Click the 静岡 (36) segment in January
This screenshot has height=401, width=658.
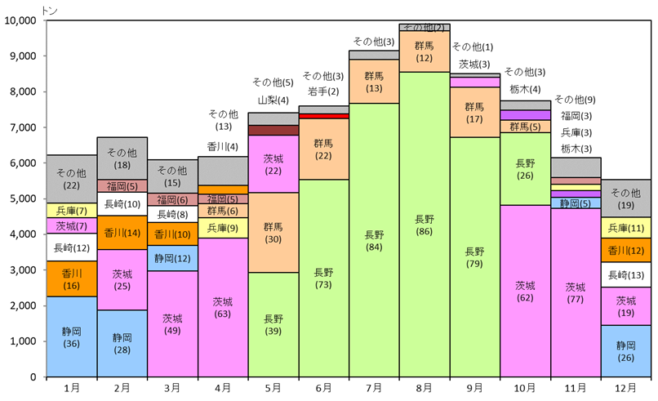click(x=72, y=336)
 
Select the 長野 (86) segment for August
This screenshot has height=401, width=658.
click(x=425, y=225)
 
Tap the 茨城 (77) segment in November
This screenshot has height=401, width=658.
click(x=576, y=292)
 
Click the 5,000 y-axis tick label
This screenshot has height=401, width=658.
click(x=27, y=198)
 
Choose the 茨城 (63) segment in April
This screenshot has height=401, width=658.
click(x=223, y=307)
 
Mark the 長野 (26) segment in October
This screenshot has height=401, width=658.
click(x=525, y=169)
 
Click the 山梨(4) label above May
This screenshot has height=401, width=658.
click(x=273, y=100)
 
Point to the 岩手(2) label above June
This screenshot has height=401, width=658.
click(x=323, y=91)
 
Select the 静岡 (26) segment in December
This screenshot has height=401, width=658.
click(x=626, y=351)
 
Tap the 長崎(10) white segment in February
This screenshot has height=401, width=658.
click(x=122, y=203)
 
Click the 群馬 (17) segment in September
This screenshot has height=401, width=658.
click(x=475, y=113)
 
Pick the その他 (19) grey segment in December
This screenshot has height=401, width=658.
click(x=626, y=198)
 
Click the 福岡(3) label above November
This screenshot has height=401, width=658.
click(x=576, y=116)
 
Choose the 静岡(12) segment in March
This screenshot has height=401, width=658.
click(x=172, y=258)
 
